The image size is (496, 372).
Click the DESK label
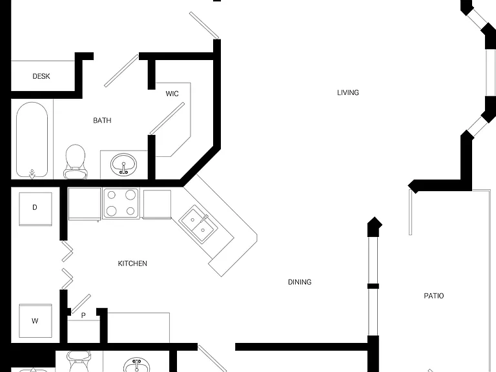(41, 76)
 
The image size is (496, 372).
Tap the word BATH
(102, 120)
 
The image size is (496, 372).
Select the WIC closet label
(172, 94)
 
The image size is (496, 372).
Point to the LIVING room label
(348, 92)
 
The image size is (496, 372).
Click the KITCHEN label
(132, 263)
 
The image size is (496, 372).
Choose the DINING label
(300, 282)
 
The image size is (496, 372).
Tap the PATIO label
(434, 296)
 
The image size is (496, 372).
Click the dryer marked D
(36, 209)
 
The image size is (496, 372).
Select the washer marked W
(36, 321)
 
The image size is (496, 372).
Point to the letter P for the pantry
(83, 315)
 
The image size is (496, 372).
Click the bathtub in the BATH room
(32, 140)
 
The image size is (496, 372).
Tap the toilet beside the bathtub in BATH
(76, 161)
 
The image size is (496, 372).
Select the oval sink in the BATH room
(124, 165)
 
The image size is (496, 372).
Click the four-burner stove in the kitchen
(121, 203)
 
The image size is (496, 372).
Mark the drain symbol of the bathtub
(32, 174)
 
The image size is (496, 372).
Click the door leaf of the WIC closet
(167, 118)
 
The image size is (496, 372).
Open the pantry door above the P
(81, 304)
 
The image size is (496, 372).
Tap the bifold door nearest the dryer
(67, 252)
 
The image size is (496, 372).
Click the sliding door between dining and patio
(373, 285)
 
